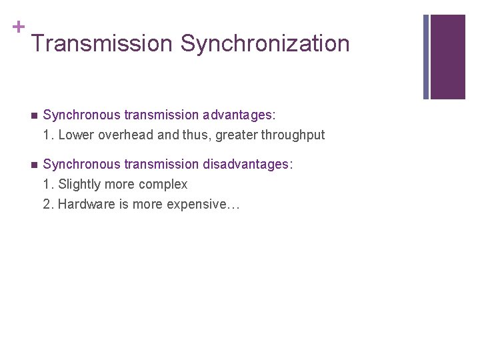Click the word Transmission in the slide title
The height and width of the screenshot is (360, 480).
101,44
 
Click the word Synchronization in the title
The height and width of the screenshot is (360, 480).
265,44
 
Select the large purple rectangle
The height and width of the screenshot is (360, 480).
447,57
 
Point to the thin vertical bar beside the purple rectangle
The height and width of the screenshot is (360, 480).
426,57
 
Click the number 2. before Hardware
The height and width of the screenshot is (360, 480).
49,204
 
